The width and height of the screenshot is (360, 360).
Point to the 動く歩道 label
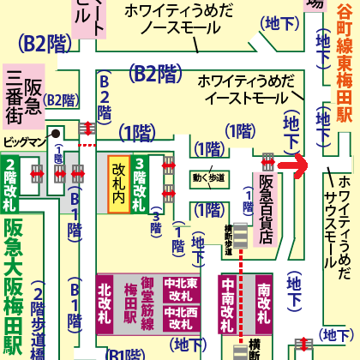coord(210,178)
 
